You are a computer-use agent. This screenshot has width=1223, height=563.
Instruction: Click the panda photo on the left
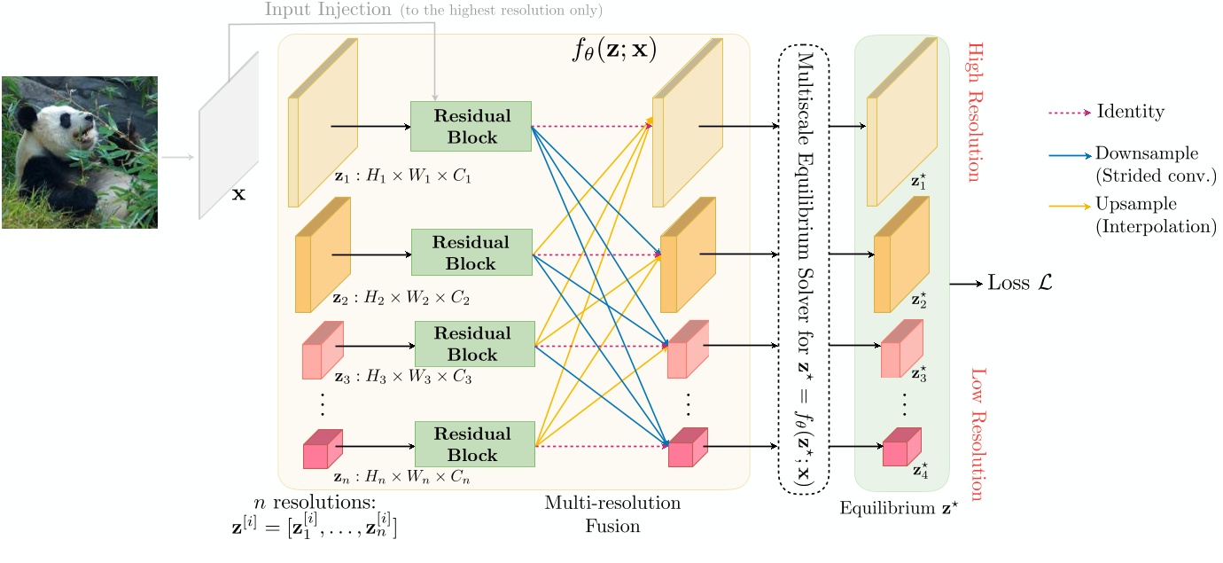coord(80,152)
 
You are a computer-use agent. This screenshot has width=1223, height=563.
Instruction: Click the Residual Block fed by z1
coord(471,127)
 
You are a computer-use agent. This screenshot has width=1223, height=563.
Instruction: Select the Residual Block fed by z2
coord(471,253)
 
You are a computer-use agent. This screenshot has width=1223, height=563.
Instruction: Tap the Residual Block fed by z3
coord(474,344)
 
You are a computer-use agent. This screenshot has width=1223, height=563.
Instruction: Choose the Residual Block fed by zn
coord(474,444)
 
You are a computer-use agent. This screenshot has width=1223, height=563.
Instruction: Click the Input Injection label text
coord(327,11)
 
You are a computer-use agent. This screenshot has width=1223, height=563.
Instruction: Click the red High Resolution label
coord(975,112)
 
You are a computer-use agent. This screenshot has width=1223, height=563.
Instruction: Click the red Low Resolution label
coord(978,434)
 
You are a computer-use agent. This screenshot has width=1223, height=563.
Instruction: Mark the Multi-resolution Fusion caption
coord(612,514)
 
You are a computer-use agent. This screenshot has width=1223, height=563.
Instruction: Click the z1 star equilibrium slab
coord(901,124)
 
